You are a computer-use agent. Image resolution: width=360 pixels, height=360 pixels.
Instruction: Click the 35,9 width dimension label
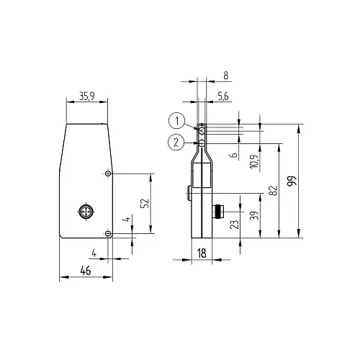click(x=87, y=96)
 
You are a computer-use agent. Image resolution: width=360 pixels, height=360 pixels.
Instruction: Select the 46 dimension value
click(x=86, y=271)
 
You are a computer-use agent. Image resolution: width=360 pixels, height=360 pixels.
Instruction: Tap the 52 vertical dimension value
click(x=145, y=203)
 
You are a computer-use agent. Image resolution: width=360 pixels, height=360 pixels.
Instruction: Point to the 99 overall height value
click(x=292, y=181)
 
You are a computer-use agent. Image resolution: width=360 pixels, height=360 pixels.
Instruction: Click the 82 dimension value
click(x=274, y=191)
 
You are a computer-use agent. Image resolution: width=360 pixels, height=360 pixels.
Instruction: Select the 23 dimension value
click(x=235, y=224)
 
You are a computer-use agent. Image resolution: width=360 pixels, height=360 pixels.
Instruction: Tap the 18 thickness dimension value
click(x=202, y=253)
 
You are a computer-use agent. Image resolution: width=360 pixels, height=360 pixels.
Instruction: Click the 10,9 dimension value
click(x=254, y=161)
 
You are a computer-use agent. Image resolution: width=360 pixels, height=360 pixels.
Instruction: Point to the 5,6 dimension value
click(x=223, y=96)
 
